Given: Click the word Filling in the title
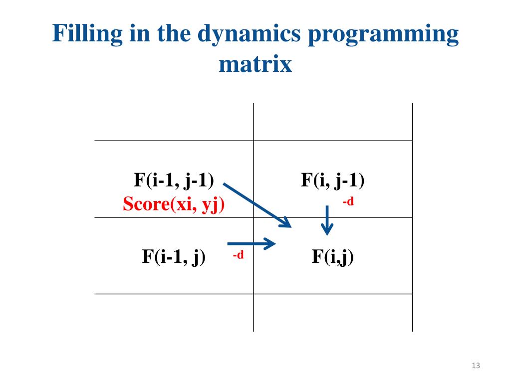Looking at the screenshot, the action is (x=82, y=34).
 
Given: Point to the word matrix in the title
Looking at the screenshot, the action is (x=255, y=65).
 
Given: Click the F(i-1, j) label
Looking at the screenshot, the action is (x=174, y=257).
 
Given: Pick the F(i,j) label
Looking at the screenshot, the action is (x=332, y=257).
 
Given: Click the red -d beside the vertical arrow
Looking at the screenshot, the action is (x=348, y=202).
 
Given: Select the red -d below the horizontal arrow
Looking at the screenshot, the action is (x=238, y=255).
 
